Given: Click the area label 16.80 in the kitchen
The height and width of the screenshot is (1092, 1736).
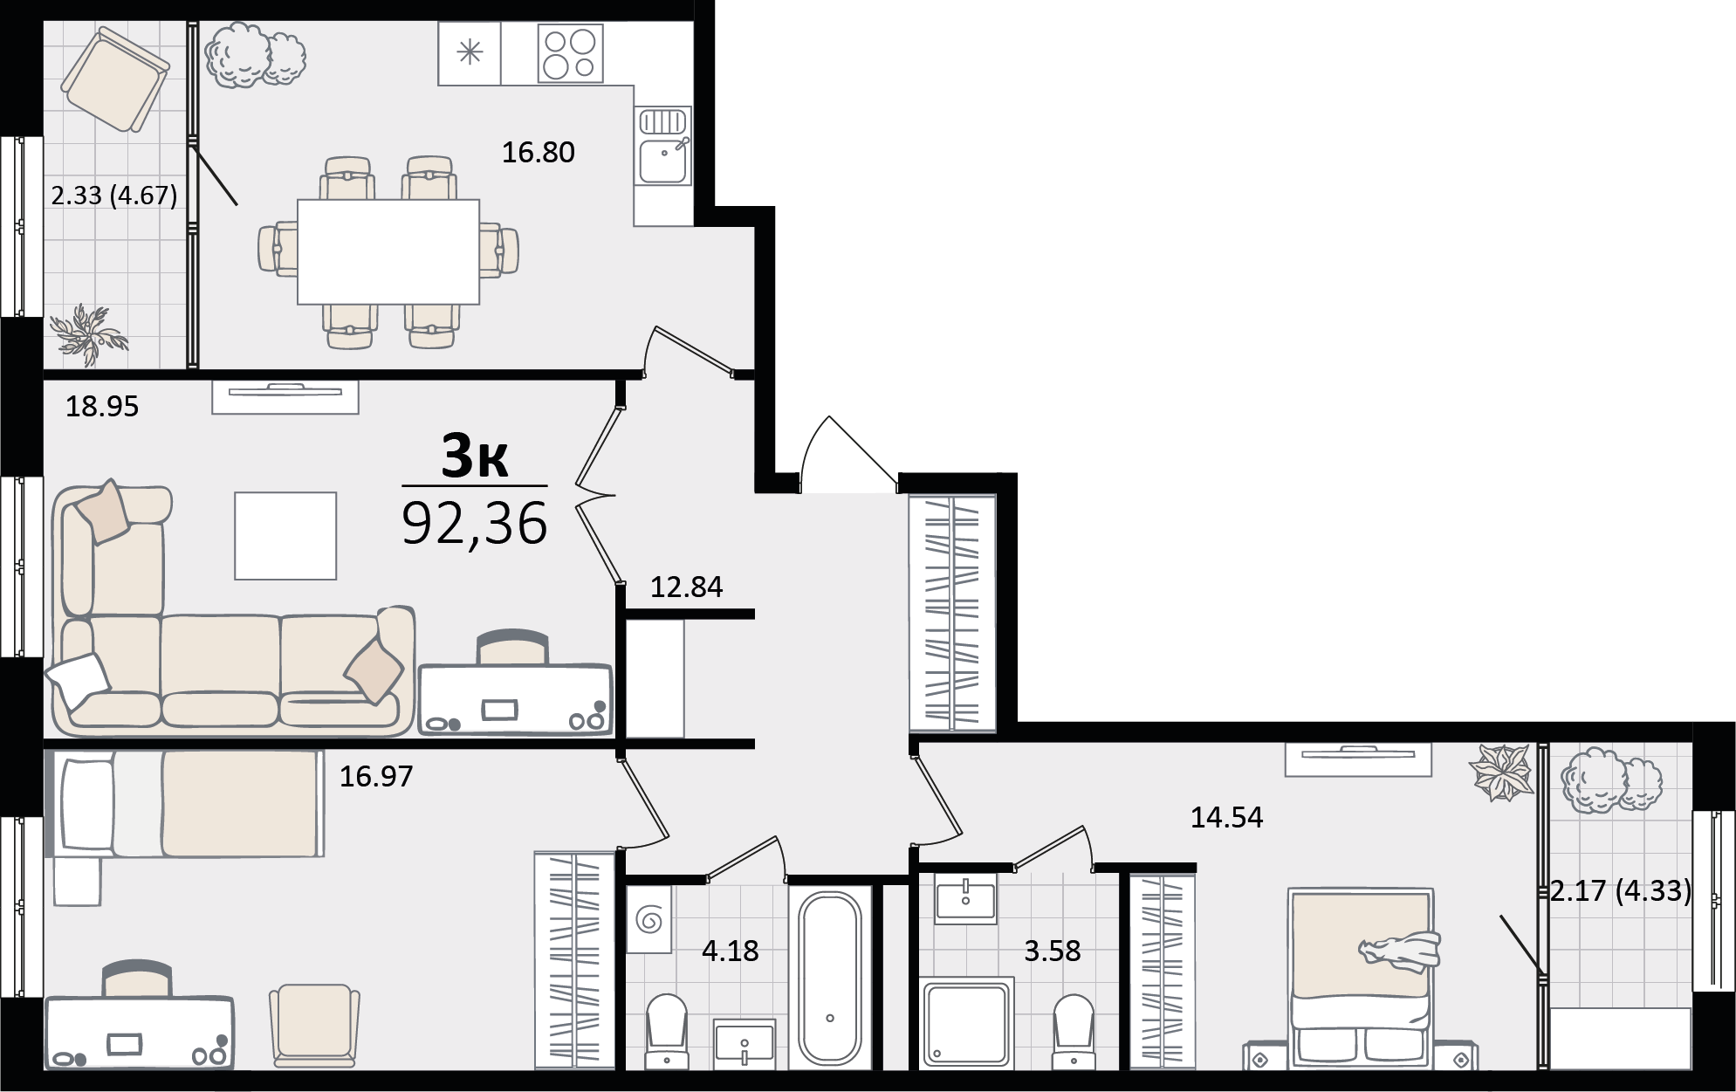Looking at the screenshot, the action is [x=538, y=153].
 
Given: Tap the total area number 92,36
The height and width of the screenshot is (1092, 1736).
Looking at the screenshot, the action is [x=475, y=523].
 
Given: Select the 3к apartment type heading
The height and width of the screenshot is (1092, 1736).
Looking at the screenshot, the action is [x=475, y=456].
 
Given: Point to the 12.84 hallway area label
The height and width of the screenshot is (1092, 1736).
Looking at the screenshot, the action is [x=686, y=587].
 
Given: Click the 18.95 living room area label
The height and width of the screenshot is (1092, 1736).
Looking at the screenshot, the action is [x=102, y=407].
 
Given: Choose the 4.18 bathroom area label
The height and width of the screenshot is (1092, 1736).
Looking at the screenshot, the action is [x=731, y=951].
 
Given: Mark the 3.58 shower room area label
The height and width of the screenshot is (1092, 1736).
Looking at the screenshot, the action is [x=1052, y=951].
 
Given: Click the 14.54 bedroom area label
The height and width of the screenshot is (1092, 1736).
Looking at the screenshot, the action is [x=1226, y=818].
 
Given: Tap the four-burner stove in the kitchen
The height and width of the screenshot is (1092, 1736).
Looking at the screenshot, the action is [x=570, y=54].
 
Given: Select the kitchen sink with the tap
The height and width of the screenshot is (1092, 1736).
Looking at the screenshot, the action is [x=664, y=146].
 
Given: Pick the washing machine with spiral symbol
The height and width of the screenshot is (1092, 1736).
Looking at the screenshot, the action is [x=649, y=919].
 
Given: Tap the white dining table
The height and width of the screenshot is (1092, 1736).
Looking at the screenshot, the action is [x=388, y=252].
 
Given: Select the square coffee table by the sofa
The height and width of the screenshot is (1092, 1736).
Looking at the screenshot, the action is [x=285, y=536].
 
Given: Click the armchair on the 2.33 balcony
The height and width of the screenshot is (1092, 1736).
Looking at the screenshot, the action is [x=115, y=79].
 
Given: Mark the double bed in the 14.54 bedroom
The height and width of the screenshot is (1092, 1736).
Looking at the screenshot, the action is [x=1361, y=977].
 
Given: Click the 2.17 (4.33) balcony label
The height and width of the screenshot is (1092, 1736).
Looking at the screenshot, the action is [x=1621, y=891].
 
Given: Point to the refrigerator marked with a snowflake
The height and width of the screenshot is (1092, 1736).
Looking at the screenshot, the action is [x=470, y=54].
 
